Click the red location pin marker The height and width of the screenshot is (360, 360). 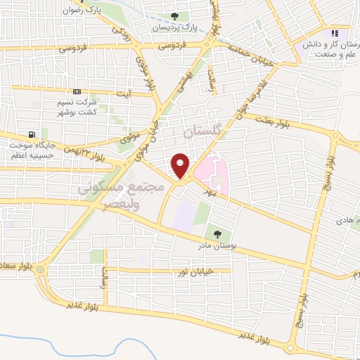[x=181, y=165]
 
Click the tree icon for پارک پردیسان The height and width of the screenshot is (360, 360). [x=175, y=17]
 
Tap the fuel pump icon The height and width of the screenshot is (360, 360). [x=31, y=135]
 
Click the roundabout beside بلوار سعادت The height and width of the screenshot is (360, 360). [x=41, y=269]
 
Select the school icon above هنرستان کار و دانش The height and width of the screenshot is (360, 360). [x=335, y=33]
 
